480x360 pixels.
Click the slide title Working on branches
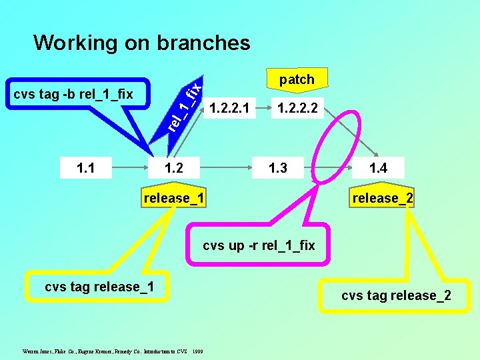[141, 43]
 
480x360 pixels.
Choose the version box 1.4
[379, 168]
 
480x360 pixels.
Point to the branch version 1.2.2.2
[298, 107]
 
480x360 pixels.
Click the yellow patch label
[297, 79]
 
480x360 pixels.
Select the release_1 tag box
[173, 199]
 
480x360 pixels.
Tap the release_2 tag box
[383, 199]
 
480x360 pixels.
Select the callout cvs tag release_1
[99, 287]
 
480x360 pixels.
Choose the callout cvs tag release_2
[396, 295]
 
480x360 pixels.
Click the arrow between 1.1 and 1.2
[130, 168]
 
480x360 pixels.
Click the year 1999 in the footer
[198, 350]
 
